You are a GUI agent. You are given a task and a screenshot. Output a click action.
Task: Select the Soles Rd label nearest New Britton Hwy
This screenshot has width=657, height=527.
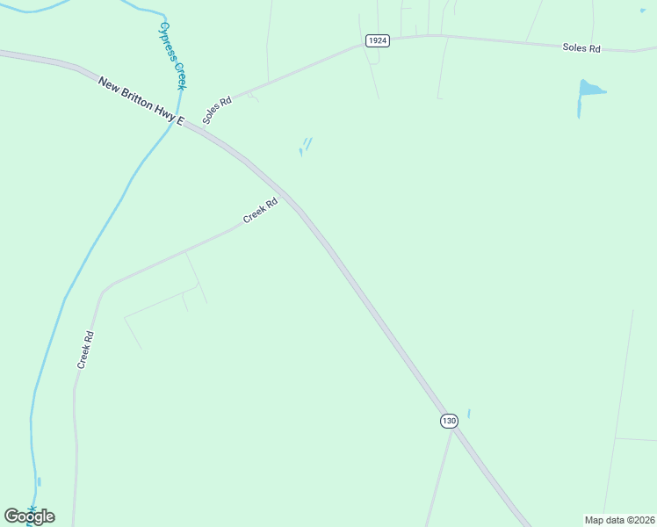(216, 110)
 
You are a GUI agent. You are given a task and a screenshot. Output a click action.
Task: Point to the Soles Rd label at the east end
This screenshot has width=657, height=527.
(581, 48)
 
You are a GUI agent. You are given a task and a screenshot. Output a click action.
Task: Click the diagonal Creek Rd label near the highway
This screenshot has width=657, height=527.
(260, 211)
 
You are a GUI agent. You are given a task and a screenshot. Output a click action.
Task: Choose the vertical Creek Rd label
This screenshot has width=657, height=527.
(85, 349)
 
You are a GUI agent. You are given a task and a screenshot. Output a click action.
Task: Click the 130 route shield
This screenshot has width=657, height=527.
(449, 421)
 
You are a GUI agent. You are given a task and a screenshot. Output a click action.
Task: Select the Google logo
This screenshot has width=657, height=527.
(29, 516)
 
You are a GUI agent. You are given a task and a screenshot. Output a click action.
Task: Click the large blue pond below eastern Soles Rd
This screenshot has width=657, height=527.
(589, 90)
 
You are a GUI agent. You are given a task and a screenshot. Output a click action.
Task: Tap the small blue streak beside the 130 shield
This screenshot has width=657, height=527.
(469, 413)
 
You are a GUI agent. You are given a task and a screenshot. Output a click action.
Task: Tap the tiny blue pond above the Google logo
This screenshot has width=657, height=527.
(39, 482)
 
